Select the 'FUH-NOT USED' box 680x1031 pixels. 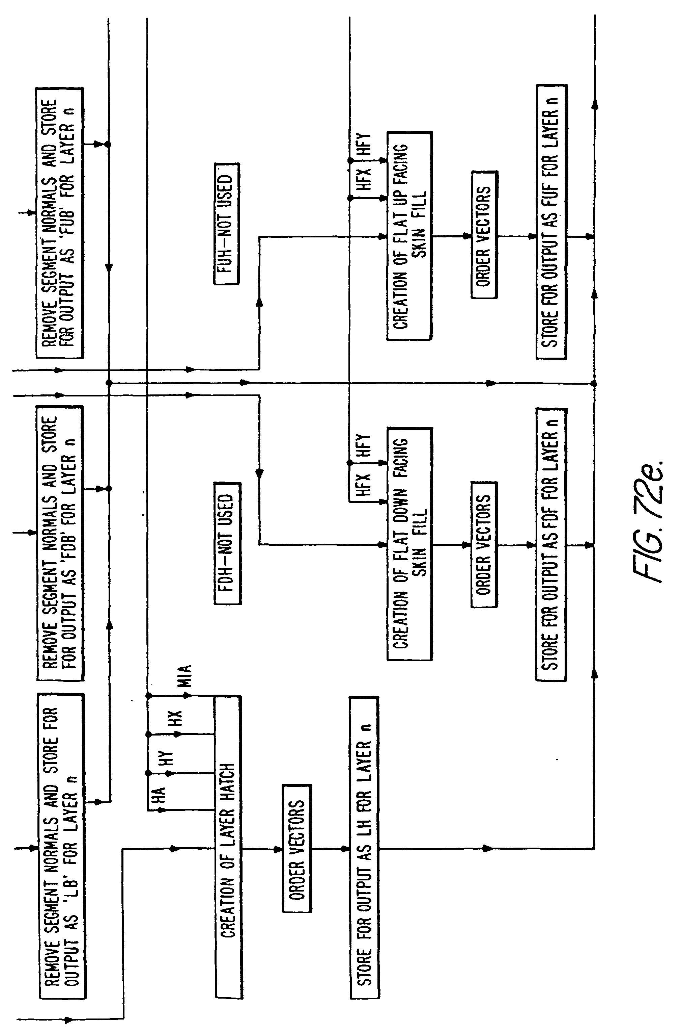click(x=227, y=224)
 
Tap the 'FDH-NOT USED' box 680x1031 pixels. click(x=227, y=543)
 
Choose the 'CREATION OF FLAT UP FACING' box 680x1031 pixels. click(x=409, y=236)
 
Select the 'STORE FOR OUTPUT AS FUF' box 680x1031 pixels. click(x=551, y=222)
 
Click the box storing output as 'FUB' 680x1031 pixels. click(x=60, y=223)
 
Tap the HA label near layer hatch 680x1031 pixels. click(x=159, y=794)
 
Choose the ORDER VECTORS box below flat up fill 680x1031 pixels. click(x=484, y=235)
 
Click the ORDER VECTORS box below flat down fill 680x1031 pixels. click(x=484, y=544)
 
